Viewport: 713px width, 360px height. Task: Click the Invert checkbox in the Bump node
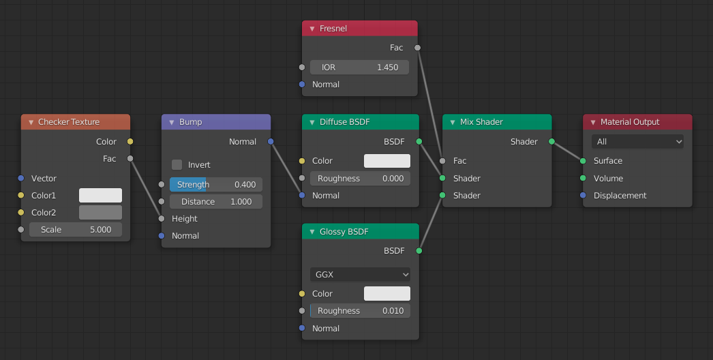click(177, 165)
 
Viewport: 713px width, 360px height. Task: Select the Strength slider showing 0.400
click(215, 185)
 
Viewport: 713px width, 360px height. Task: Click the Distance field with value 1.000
click(215, 202)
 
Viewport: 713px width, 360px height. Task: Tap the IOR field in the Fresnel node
click(359, 67)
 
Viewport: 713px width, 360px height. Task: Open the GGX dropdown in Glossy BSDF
click(360, 275)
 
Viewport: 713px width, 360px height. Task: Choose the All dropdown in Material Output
click(637, 142)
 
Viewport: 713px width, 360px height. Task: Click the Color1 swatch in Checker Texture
click(100, 196)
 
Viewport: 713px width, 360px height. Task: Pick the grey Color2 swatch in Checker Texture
click(100, 213)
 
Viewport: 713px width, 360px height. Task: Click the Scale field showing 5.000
click(75, 230)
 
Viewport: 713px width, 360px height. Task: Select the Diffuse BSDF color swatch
click(386, 161)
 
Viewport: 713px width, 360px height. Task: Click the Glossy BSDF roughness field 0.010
click(359, 311)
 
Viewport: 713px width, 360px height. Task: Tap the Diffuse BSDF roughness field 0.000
click(359, 179)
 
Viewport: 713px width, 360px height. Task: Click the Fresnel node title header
click(359, 29)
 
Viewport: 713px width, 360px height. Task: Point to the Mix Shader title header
click(497, 122)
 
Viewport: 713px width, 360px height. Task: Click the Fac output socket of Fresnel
click(418, 48)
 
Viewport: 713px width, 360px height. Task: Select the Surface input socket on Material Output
click(583, 161)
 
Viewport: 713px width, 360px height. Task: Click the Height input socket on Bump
click(162, 219)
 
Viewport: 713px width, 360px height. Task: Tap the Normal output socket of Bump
click(271, 142)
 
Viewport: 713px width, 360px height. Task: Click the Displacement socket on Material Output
click(583, 196)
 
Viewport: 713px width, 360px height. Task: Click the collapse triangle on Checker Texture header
click(31, 122)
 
